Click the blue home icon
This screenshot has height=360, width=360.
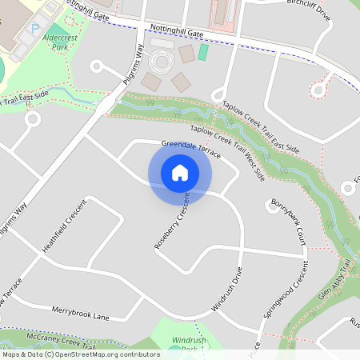[x=180, y=171]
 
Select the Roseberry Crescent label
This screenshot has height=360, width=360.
[x=171, y=223]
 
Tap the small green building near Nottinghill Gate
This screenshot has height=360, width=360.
[x=203, y=53]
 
